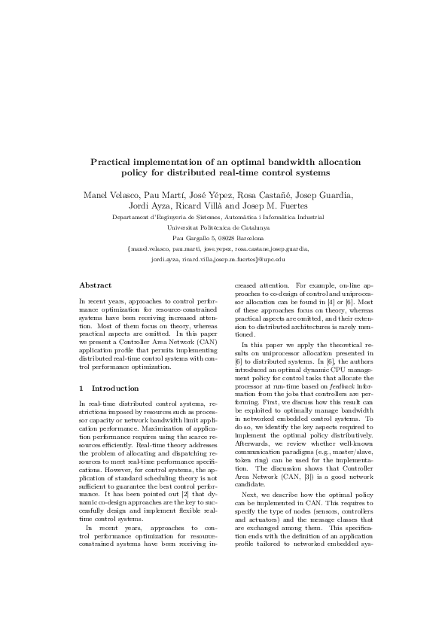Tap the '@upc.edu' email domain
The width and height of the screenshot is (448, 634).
click(x=272, y=258)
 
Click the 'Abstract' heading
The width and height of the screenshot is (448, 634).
click(x=96, y=285)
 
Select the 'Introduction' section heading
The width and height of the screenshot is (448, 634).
click(x=114, y=388)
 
